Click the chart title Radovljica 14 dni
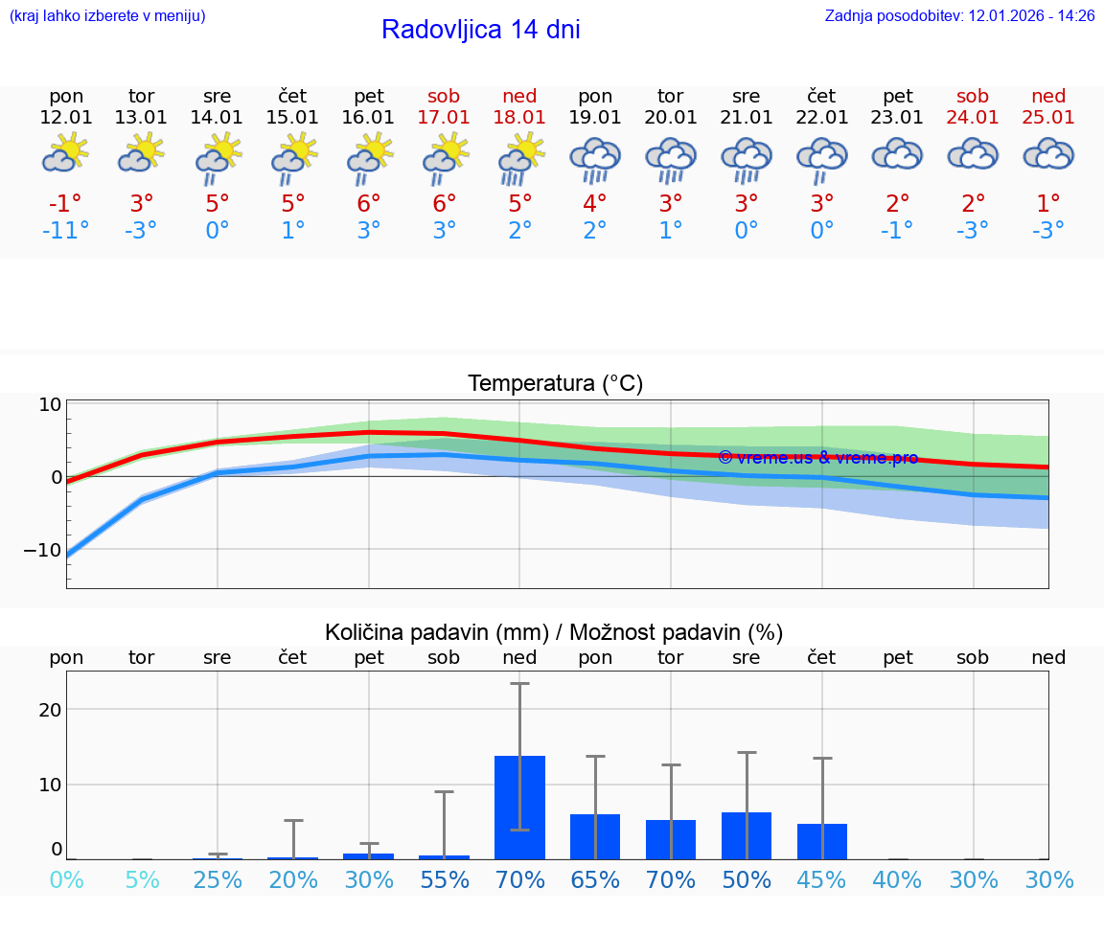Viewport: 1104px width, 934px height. tap(480, 30)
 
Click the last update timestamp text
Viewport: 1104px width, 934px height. tap(959, 16)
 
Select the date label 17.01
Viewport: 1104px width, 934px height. tap(444, 117)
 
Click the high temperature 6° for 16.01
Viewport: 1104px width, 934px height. tap(369, 204)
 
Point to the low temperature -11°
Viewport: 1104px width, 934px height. tap(66, 231)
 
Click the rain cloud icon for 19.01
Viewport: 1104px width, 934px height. tap(595, 159)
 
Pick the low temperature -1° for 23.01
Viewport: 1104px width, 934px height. tap(897, 231)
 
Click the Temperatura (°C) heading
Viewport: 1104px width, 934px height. tap(555, 384)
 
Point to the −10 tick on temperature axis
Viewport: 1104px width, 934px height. tap(42, 551)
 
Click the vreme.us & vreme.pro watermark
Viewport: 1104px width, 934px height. tap(817, 458)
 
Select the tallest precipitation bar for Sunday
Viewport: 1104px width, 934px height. tap(519, 807)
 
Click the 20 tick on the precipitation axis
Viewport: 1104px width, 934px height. tap(50, 710)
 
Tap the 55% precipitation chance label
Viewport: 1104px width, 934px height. tap(444, 880)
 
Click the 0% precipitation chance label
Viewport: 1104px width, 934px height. tap(66, 880)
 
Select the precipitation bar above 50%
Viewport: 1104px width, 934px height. tap(747, 835)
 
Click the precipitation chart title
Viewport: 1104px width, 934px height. tap(554, 632)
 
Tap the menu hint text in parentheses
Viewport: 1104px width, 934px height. tap(107, 16)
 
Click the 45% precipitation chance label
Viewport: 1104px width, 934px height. tap(821, 880)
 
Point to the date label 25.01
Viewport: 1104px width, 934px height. tap(1048, 117)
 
